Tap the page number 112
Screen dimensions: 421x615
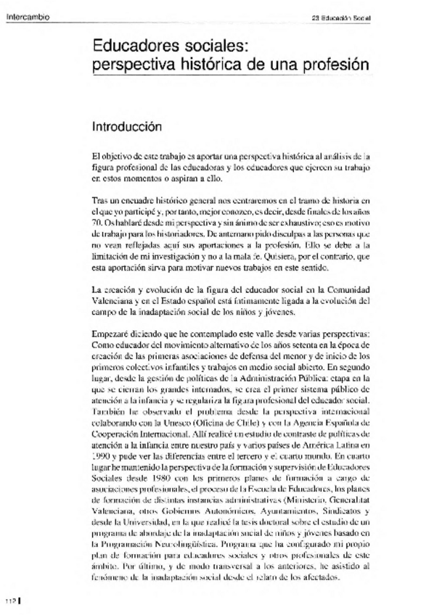tap(9, 601)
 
